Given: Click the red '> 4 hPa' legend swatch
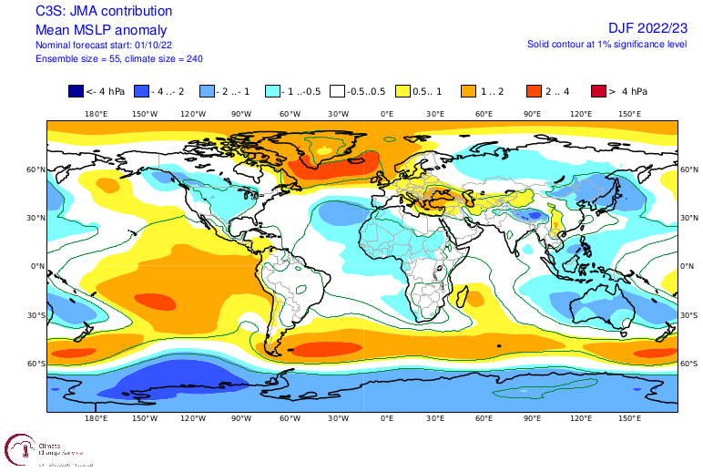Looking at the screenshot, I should point(597,91).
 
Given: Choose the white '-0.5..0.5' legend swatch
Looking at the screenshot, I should point(337,91).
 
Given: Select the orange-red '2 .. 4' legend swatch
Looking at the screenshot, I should point(534,91).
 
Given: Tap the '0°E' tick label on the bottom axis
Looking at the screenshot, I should point(387,418).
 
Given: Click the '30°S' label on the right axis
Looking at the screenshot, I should point(690,315).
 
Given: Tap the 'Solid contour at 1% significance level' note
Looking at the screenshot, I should point(606,44).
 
